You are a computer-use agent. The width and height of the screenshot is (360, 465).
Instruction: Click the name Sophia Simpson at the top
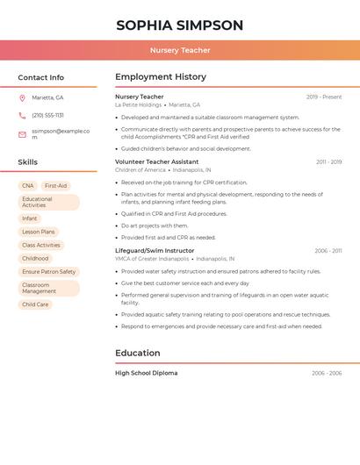point(180,25)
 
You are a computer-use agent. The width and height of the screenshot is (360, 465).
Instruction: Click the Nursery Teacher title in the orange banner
point(180,50)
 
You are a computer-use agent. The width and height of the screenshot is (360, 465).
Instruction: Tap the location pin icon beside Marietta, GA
point(22,97)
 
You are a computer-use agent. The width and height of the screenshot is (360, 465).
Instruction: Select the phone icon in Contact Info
point(22,115)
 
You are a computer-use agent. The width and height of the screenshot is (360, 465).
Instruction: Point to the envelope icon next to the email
point(22,134)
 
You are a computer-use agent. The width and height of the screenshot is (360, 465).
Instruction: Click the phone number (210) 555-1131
point(47,115)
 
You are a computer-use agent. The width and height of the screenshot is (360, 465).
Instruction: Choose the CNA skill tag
point(28,186)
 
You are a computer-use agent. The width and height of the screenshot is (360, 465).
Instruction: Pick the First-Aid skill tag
point(55,186)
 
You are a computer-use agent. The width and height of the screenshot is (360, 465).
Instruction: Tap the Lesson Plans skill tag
point(38,232)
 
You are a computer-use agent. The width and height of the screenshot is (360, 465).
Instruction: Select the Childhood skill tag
point(35,259)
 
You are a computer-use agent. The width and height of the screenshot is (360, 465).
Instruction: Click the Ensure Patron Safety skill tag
point(48,272)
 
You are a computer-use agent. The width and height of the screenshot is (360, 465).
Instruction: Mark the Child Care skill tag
point(35,304)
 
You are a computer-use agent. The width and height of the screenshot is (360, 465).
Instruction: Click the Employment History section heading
point(160,77)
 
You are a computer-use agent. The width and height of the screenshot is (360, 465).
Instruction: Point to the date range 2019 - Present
point(324,97)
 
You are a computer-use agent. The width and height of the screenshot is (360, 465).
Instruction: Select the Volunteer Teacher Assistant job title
point(156,162)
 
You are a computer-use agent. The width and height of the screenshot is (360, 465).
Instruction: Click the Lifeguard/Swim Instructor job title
point(155,251)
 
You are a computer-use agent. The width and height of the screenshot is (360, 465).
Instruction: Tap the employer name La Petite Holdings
point(138,104)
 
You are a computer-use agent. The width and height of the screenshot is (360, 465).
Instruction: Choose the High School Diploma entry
point(146,373)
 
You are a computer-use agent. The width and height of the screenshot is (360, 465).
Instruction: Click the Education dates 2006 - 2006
point(327,373)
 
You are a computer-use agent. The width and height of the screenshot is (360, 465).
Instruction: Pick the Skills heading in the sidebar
point(27,162)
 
